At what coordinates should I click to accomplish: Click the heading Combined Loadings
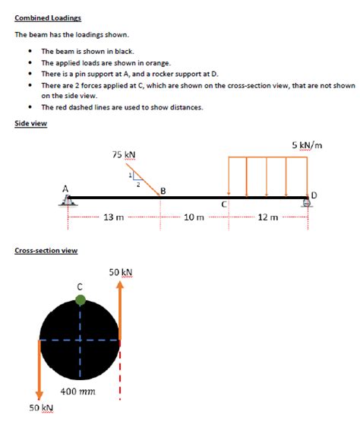48,17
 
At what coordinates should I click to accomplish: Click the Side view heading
30,123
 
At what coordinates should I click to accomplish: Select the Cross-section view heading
46,250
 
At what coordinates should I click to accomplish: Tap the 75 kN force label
124,154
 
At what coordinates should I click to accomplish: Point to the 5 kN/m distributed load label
308,144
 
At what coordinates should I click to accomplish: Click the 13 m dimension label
113,217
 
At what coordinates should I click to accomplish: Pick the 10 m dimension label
195,217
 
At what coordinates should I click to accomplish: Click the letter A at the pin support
65,188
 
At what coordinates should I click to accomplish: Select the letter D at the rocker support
314,195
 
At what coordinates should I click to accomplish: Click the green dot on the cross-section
81,301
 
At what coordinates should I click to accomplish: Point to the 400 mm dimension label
77,391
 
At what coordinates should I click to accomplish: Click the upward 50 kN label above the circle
121,271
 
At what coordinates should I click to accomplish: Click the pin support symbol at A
68,201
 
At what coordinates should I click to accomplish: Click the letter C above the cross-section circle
80,287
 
